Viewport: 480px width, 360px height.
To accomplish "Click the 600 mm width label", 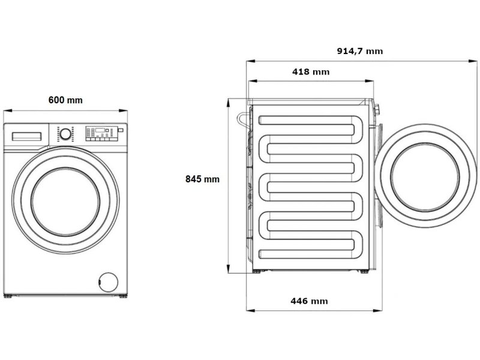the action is click(65, 100).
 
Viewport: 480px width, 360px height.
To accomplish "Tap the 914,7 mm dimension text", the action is click(359, 51).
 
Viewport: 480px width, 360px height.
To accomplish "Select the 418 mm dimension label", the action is click(311, 72).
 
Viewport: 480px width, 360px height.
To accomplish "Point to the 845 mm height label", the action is click(202, 179).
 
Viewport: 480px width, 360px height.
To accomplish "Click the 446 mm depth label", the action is click(309, 301).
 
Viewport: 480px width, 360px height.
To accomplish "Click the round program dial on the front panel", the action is click(65, 134).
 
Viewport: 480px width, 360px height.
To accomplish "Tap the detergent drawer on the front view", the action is click(26, 137).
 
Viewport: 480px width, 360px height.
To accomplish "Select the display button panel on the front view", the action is click(101, 134).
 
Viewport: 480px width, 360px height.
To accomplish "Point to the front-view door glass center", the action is click(65, 202).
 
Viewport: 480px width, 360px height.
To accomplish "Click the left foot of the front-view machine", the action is click(8, 296).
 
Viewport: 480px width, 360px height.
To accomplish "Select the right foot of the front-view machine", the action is click(123, 296).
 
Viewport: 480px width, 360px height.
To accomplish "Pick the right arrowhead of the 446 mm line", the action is click(377, 310).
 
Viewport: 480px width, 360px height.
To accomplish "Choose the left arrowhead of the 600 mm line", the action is click(8, 110).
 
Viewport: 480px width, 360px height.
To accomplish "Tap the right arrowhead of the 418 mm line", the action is click(370, 82).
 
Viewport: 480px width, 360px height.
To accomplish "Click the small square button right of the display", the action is click(121, 130).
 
